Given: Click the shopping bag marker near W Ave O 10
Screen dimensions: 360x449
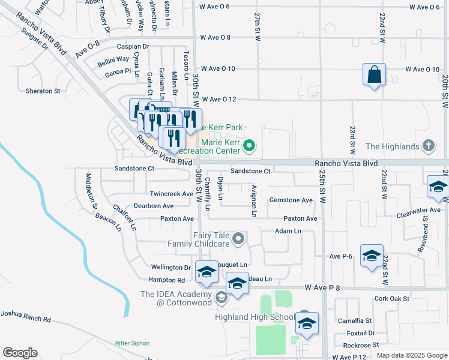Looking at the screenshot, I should tap(374, 76).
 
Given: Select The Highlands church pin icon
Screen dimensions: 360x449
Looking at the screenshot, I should tap(428, 146).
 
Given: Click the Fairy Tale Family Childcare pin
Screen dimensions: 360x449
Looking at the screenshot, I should tap(238, 239).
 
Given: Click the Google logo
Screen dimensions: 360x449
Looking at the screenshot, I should tap(20, 353).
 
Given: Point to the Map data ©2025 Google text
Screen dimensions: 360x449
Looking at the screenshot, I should tap(411, 355).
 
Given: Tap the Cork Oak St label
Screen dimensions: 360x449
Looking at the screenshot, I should tap(391, 298).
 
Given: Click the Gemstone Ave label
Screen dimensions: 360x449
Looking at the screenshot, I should tap(291, 200).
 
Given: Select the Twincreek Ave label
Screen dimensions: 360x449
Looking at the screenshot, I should tap(171, 194).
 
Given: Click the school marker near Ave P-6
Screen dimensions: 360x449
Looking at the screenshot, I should tap(372, 256).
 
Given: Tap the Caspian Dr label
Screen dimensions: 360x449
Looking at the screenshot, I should tap(133, 46).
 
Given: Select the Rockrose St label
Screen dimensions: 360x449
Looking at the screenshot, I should tap(361, 345).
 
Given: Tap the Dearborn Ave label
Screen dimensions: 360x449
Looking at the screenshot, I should tap(154, 206).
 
